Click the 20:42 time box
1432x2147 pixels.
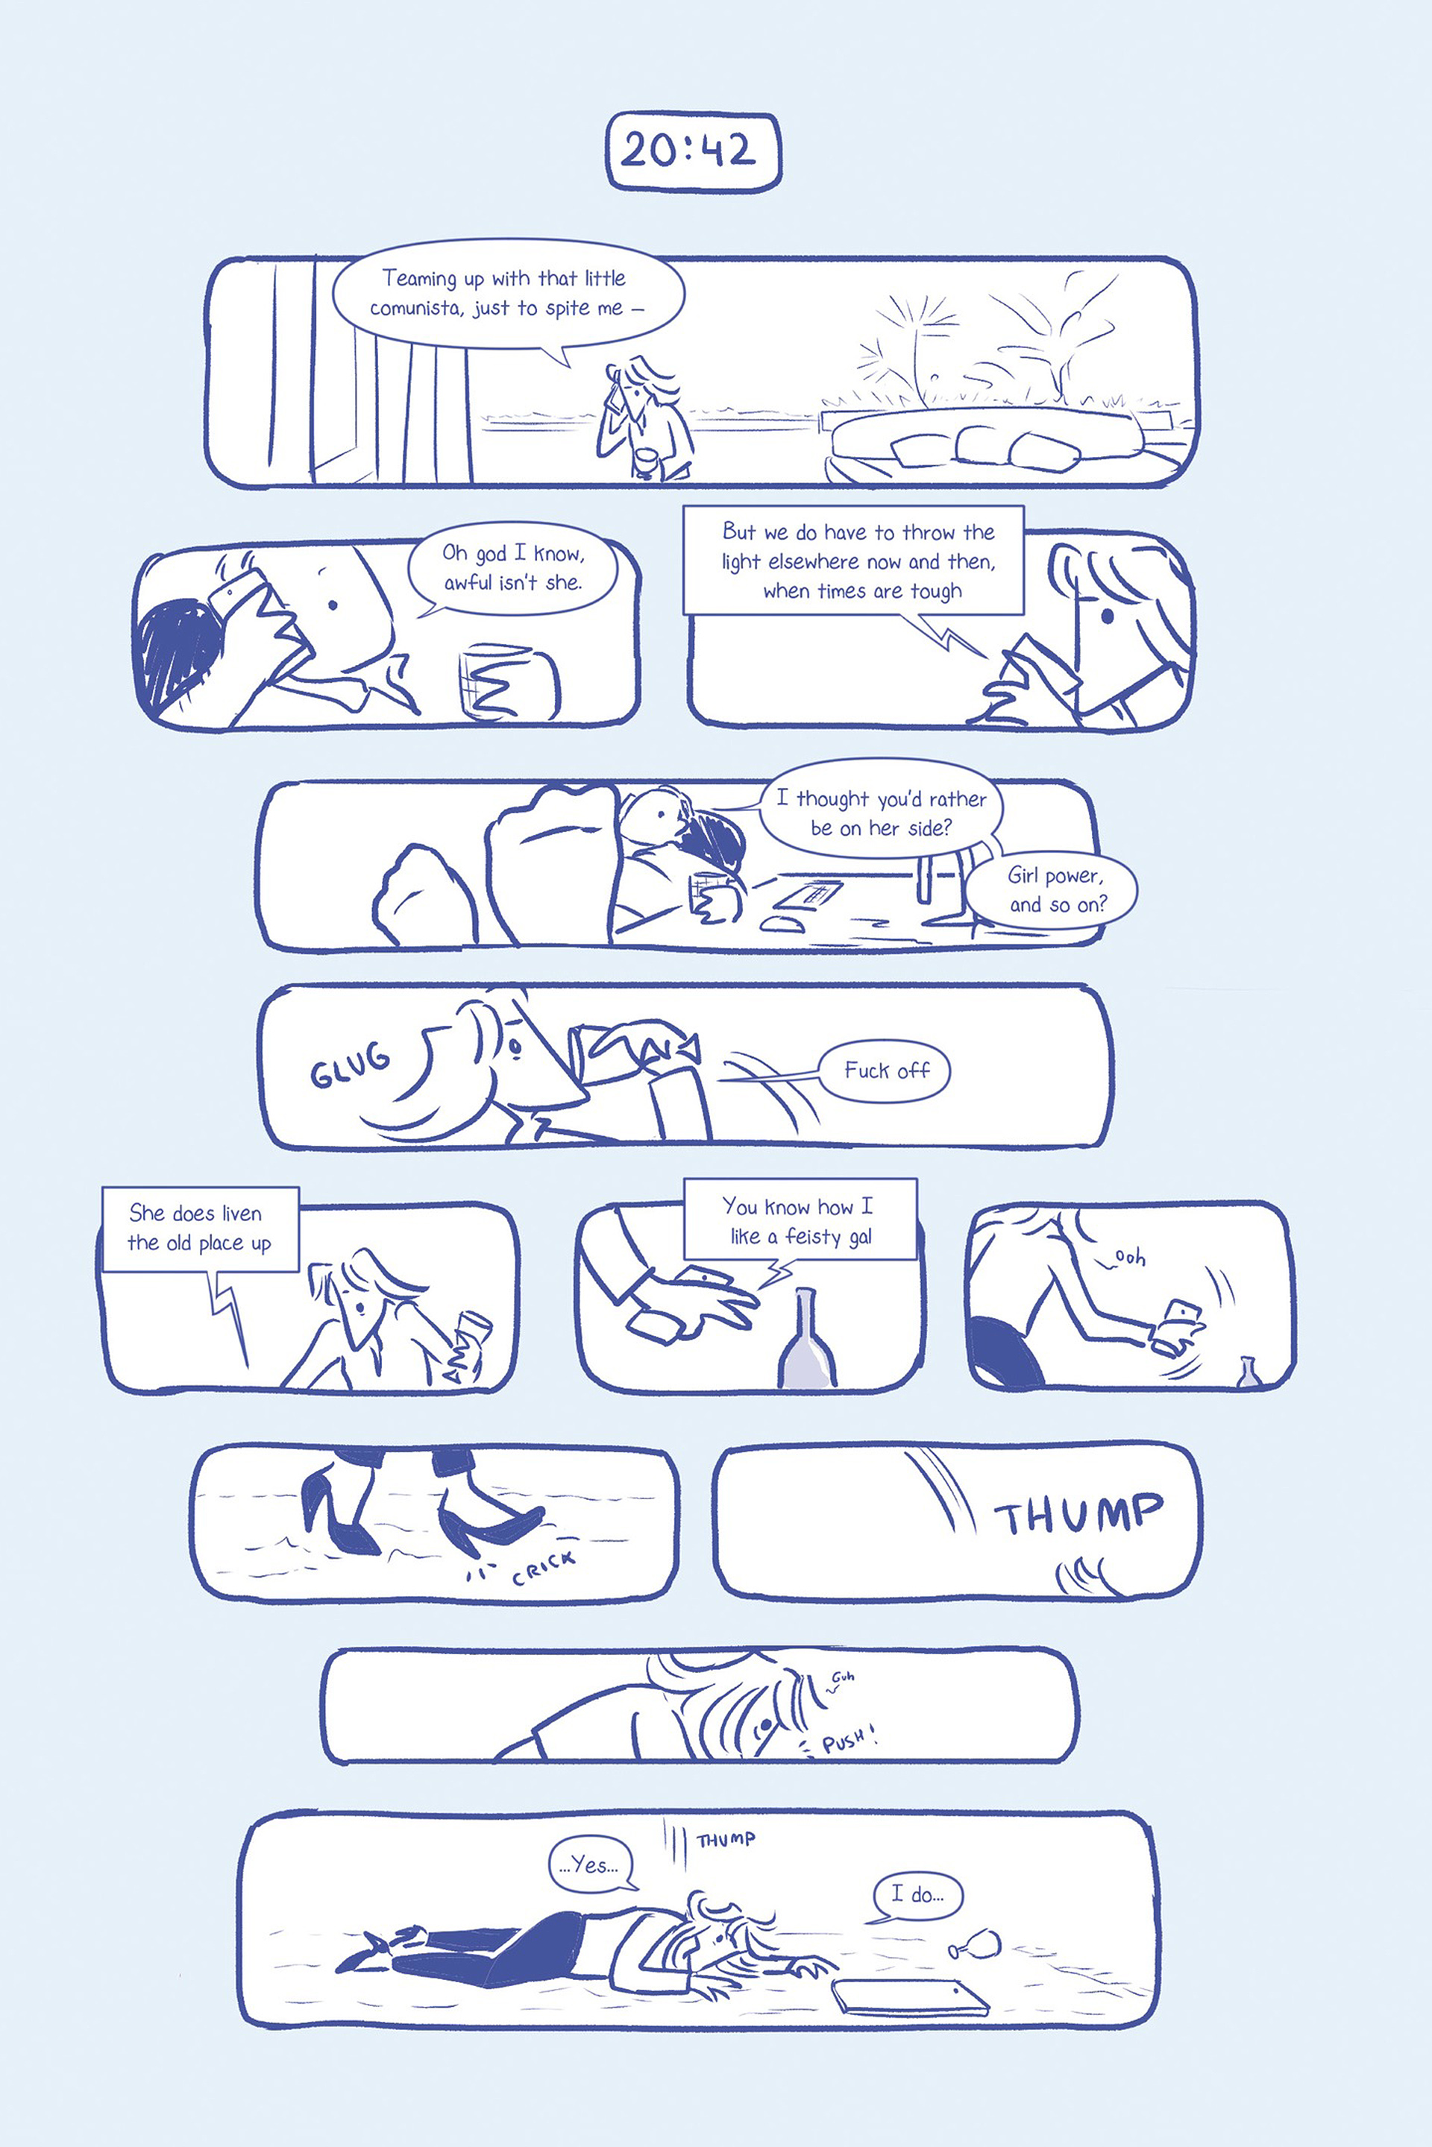[x=694, y=151]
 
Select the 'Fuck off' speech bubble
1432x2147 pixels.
[x=886, y=1071]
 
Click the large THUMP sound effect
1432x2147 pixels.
[x=1078, y=1514]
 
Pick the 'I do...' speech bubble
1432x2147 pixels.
[x=917, y=1895]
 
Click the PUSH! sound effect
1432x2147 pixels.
[x=850, y=1741]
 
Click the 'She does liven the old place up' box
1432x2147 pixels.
[x=201, y=1229]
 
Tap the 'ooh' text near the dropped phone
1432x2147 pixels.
[x=1131, y=1258]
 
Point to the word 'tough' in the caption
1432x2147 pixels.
[x=936, y=591]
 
